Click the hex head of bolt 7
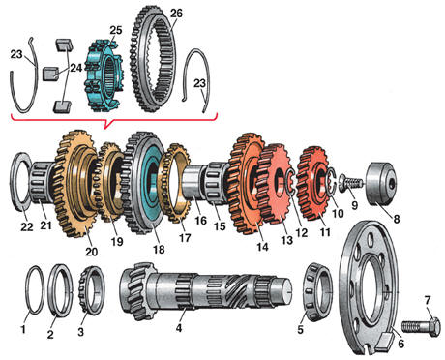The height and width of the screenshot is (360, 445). (433, 327)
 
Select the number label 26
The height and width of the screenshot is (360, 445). (176, 14)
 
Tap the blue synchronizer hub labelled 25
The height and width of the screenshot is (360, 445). (104, 75)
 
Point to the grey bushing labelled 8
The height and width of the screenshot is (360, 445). (380, 183)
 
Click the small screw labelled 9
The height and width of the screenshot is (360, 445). (351, 183)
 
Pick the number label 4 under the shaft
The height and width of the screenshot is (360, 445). (179, 328)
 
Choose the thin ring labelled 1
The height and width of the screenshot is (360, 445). (35, 289)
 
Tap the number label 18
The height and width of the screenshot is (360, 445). (159, 249)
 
